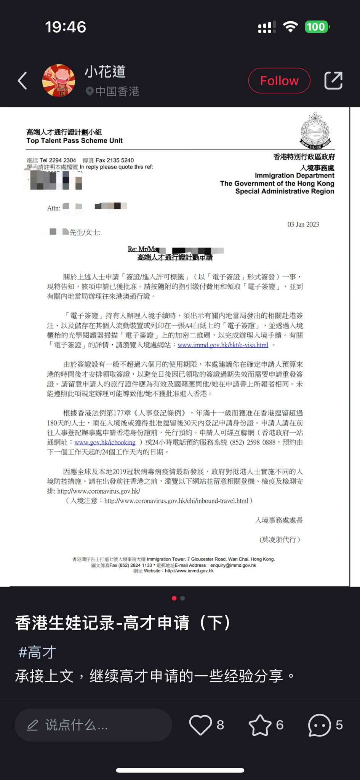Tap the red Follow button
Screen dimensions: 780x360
(x=279, y=81)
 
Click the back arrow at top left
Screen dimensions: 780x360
(x=22, y=81)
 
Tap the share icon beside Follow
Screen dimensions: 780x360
(x=333, y=81)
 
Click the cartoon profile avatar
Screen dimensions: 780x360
(x=58, y=80)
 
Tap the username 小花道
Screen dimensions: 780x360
(x=105, y=72)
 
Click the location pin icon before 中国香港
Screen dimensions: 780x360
(x=90, y=91)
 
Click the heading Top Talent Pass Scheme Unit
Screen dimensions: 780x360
(x=74, y=141)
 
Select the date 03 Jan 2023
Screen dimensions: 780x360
(x=303, y=224)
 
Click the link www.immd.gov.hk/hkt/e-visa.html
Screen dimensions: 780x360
(x=223, y=345)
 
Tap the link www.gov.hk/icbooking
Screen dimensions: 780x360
(x=105, y=443)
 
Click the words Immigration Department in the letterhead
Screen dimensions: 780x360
(x=294, y=176)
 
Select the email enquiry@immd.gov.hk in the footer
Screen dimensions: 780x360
(x=233, y=565)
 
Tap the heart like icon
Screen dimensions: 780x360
(x=200, y=725)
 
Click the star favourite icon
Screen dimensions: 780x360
(x=260, y=725)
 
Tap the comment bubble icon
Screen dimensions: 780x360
(x=319, y=725)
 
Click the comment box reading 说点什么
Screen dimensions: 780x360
(x=93, y=725)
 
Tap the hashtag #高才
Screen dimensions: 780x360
(x=37, y=652)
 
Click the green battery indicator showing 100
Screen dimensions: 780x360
(x=317, y=27)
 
